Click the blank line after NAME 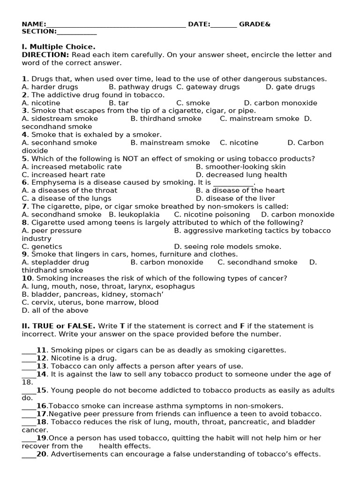click(116, 25)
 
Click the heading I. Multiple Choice click(59, 47)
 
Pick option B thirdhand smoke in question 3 click(166, 119)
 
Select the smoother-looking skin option click(240, 166)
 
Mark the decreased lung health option click(241, 174)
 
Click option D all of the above click(55, 310)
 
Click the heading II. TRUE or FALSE click(59, 326)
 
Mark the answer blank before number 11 click(29, 350)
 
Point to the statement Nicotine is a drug click(82, 358)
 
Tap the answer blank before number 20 click(29, 454)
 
